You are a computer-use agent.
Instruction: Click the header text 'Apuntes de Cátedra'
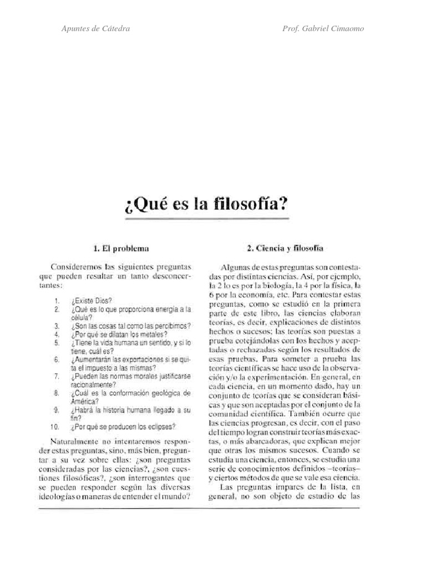tap(95, 28)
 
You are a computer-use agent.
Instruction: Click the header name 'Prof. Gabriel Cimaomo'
tap(323, 28)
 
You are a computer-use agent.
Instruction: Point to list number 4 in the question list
tap(56, 335)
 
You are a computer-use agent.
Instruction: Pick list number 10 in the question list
tap(54, 427)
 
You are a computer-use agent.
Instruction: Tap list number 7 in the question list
tap(56, 376)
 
